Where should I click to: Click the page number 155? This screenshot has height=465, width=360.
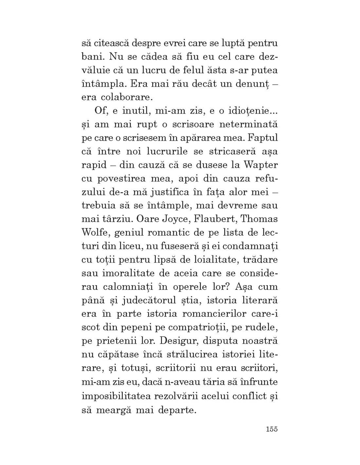[272, 429]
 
